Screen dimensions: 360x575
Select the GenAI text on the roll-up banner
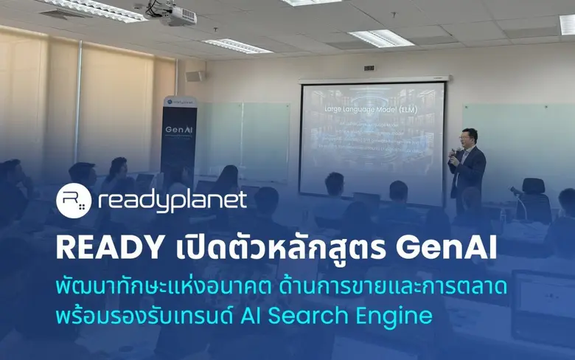(x=178, y=128)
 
